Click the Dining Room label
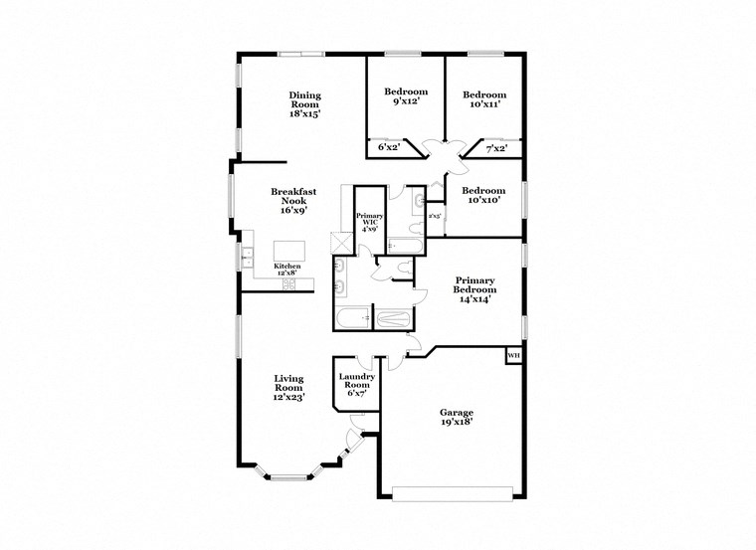coord(305,104)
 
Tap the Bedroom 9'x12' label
coord(405,96)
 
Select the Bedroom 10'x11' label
coord(482,97)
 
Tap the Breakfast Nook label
coord(291,199)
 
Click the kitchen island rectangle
coord(289,249)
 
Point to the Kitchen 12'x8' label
coord(287,269)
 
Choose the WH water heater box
coord(513,356)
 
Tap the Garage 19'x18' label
coord(457,417)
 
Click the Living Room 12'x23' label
coord(288,387)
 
